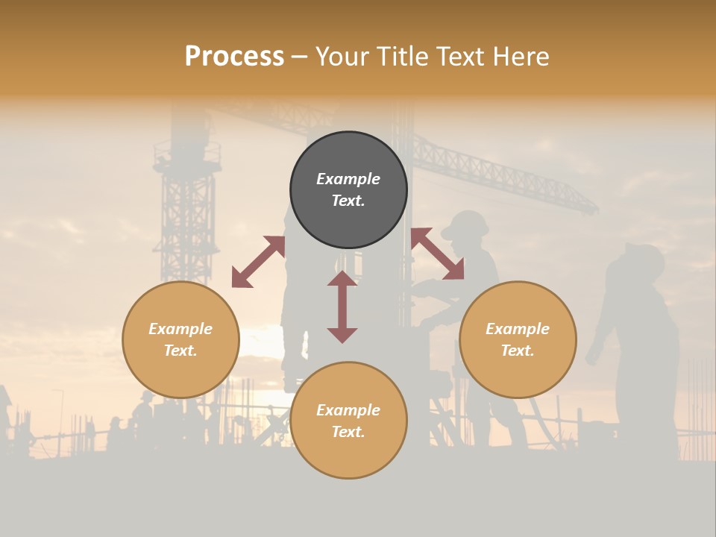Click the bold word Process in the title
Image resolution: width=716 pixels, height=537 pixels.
click(x=234, y=57)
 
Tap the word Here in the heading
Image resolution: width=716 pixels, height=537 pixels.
click(x=520, y=57)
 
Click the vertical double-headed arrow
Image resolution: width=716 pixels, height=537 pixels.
click(x=342, y=307)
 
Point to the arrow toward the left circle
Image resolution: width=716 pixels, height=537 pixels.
click(x=258, y=262)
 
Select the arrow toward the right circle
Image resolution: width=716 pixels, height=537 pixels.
click(x=437, y=254)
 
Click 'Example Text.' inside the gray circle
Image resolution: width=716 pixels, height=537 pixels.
click(x=348, y=189)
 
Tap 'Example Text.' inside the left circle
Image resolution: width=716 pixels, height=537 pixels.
click(x=180, y=339)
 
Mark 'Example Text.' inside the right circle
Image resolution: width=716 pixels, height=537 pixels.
click(x=518, y=339)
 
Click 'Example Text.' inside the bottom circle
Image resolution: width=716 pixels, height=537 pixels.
click(x=348, y=421)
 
